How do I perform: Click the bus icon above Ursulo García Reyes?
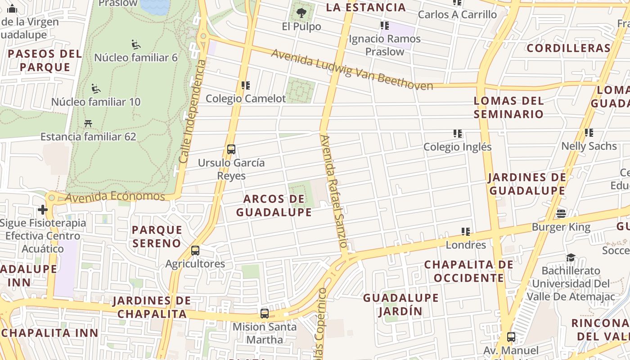[231, 149]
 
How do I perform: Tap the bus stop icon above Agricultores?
[195, 251]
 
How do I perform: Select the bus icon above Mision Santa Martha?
[265, 314]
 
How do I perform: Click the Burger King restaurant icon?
[561, 213]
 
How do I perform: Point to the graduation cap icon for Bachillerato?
[571, 257]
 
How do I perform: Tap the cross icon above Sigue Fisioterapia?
[43, 210]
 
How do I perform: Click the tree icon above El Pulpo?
[301, 13]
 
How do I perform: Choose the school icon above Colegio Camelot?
[246, 85]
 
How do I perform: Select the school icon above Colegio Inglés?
[458, 134]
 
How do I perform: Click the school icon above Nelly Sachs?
[589, 133]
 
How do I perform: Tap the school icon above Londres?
[466, 232]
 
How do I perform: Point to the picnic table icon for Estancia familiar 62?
[88, 123]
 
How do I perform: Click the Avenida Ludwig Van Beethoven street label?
[351, 70]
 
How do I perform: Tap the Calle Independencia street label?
[192, 111]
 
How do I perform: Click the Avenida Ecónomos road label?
[115, 197]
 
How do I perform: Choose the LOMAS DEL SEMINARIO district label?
[508, 107]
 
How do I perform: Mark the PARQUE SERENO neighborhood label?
[157, 236]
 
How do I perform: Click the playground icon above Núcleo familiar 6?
[136, 44]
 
